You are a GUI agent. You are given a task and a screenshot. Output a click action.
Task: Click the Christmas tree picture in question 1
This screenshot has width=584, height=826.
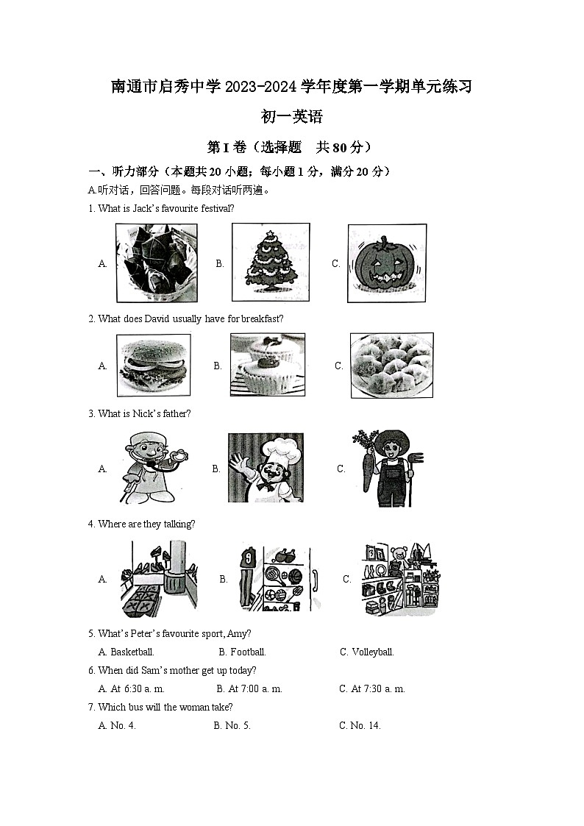pos(270,263)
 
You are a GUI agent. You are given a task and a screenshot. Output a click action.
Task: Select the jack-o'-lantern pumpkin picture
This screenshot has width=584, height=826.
pos(387,263)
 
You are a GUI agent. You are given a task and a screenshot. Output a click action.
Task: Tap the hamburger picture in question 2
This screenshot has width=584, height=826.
pos(153,365)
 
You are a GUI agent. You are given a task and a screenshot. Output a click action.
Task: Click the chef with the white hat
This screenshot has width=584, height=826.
pos(266,467)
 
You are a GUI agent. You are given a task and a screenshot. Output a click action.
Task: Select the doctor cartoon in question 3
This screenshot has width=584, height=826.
pos(152,468)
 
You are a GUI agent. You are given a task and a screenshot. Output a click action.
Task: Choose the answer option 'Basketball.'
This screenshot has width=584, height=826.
pos(132,652)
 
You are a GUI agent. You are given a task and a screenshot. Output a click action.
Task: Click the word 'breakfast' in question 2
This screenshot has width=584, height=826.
pos(263,318)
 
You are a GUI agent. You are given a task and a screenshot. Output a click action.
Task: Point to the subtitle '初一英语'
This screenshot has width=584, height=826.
pos(292,116)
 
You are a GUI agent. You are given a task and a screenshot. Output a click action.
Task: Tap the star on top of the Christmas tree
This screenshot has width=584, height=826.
pos(270,234)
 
